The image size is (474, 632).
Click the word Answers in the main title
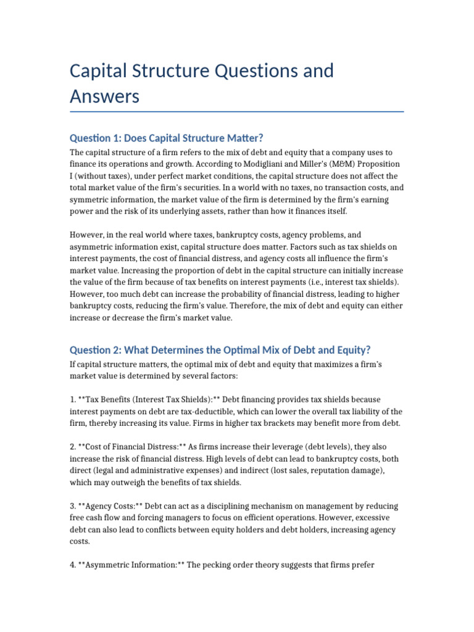[x=105, y=96]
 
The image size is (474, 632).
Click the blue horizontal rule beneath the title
[x=237, y=112]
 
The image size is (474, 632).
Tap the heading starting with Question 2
[x=220, y=349]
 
